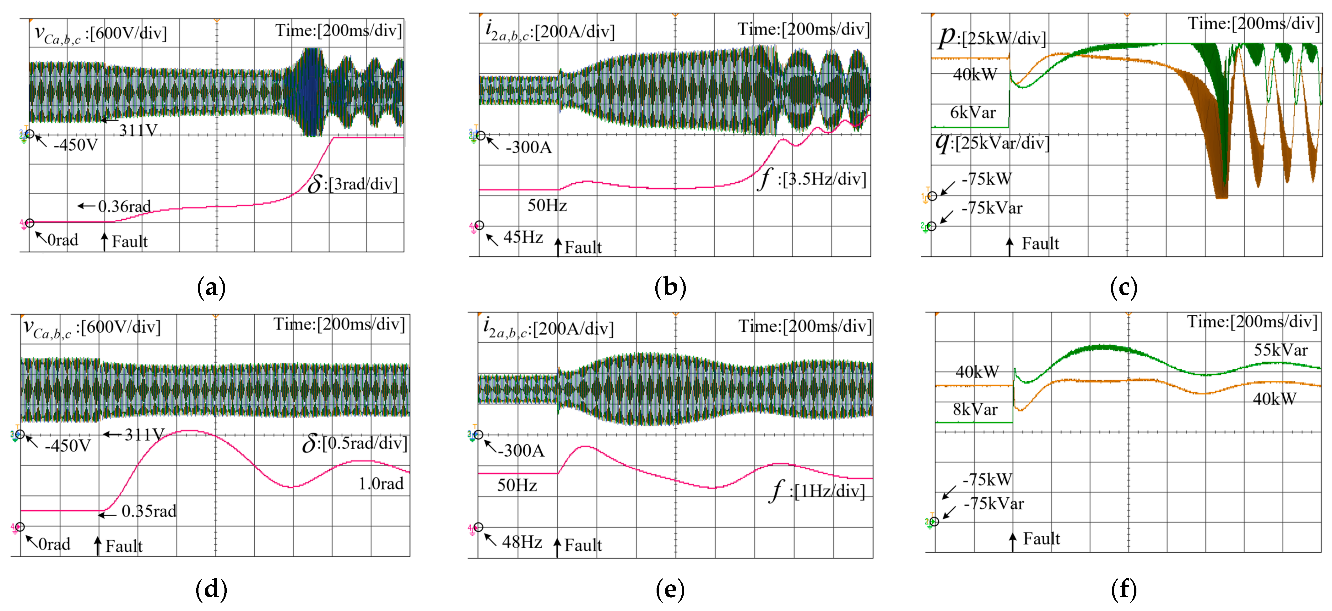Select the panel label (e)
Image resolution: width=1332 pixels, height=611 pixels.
670,589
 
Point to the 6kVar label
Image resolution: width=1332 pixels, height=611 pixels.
973,112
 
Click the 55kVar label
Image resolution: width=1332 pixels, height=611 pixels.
1280,350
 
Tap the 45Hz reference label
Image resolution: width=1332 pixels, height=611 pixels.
523,237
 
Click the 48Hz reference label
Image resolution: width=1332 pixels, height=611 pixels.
522,542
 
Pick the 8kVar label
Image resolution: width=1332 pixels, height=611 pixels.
975,410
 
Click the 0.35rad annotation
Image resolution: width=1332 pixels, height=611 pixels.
149,511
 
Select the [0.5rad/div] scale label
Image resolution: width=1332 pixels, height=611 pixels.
364,443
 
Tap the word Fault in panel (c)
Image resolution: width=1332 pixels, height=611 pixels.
1040,244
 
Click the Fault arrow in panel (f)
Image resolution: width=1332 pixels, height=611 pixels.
1012,542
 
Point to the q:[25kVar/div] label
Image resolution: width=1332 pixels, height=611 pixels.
993,143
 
